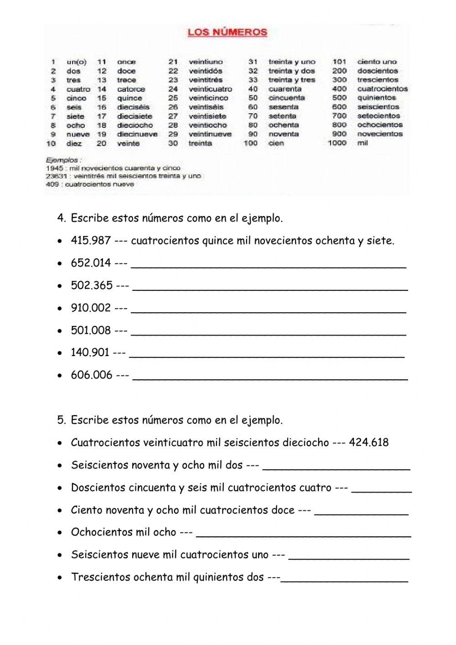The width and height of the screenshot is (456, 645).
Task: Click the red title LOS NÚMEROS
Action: point(228,32)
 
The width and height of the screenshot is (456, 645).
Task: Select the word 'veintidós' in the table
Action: point(205,71)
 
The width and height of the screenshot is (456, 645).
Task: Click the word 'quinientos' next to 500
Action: point(377,98)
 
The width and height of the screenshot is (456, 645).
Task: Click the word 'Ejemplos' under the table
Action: point(64,160)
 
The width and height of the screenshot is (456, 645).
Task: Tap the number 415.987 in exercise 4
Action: point(91,241)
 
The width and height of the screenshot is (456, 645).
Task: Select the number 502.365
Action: point(92,285)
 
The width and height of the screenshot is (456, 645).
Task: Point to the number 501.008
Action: point(91,330)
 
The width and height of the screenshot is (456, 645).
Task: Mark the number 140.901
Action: point(90,352)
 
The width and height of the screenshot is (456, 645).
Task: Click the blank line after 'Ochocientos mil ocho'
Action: point(303,533)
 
